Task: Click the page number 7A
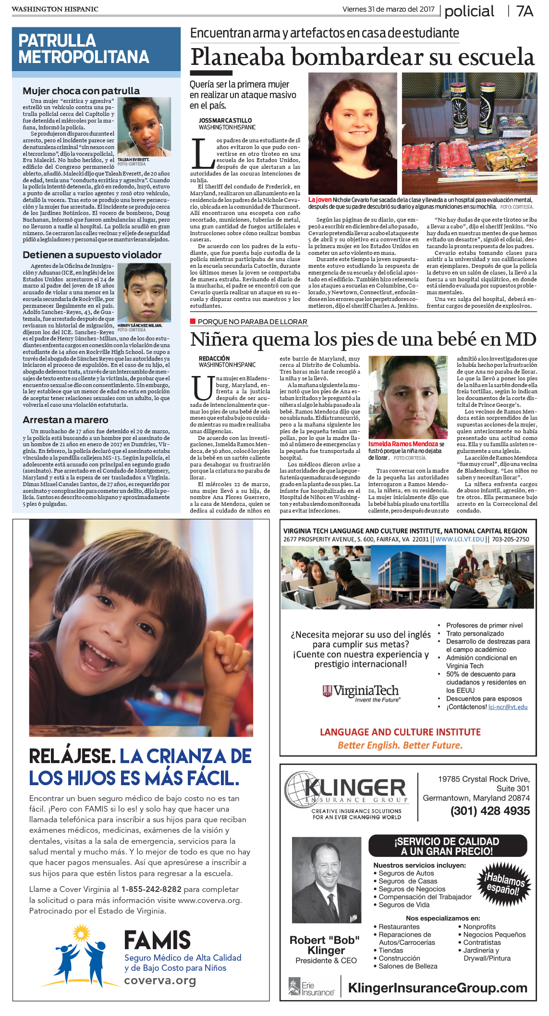pos(525,11)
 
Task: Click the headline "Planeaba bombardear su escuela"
pos(362,57)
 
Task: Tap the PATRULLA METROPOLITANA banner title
pos(84,49)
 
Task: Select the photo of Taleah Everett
pos(144,126)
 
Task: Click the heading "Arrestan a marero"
pos(65,420)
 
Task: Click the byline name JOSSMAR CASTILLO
pos(225,121)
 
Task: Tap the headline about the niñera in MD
pos(363,339)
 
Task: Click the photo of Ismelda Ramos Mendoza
pos(407,397)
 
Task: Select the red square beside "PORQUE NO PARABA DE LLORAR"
pos(193,321)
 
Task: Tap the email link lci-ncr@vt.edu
pos(508,707)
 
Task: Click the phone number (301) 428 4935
pos(490,811)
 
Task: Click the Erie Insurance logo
pos(311,987)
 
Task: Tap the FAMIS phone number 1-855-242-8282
pos(151,889)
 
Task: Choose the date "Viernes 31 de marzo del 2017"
pos(388,9)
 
